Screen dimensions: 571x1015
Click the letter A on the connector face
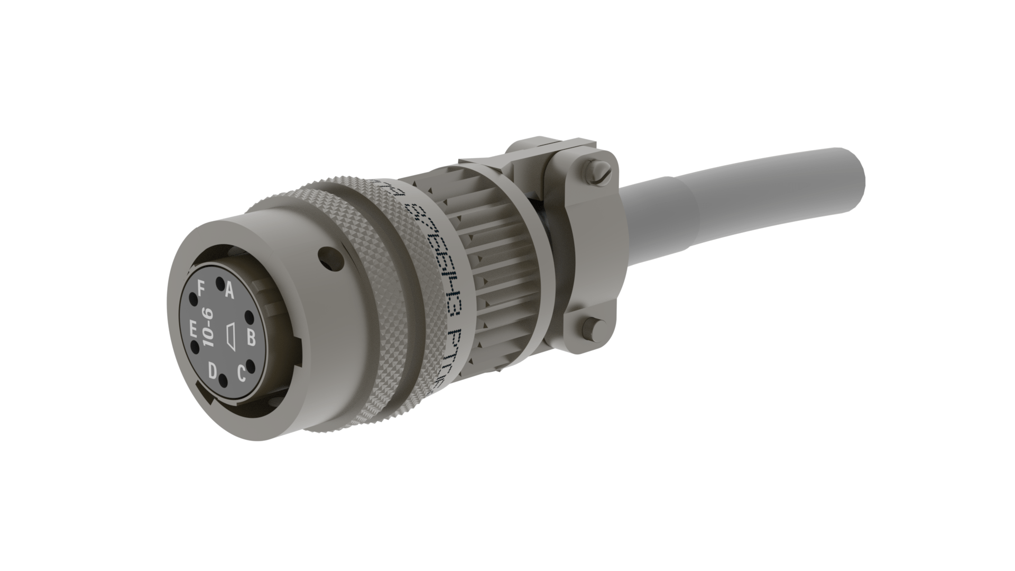(x=229, y=290)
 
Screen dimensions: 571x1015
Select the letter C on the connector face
(x=241, y=374)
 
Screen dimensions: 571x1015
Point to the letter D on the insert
(x=213, y=371)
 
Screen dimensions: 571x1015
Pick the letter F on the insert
(x=201, y=289)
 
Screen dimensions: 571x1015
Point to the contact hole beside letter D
(x=223, y=380)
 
